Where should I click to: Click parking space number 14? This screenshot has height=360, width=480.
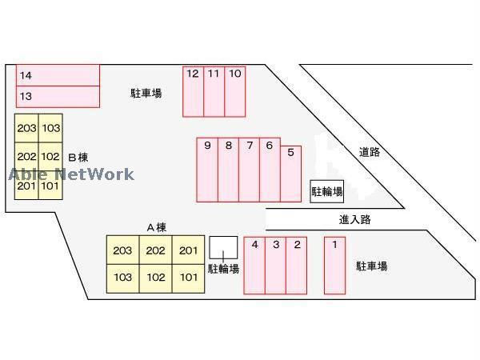click(x=58, y=75)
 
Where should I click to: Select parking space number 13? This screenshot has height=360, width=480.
click(x=58, y=96)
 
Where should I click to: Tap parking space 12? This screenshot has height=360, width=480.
click(x=193, y=91)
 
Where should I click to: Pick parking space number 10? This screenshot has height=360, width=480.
click(x=235, y=91)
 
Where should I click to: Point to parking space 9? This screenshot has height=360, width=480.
click(x=207, y=169)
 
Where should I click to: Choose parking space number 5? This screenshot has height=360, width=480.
click(x=291, y=172)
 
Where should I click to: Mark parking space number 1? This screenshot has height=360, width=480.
click(x=334, y=265)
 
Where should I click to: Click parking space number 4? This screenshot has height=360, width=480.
click(x=254, y=266)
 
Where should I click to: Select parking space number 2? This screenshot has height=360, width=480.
click(x=296, y=266)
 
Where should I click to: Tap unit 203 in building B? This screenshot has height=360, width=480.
click(x=26, y=128)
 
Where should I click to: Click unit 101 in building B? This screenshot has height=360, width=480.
click(x=50, y=186)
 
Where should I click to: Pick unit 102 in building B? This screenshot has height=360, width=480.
click(x=50, y=157)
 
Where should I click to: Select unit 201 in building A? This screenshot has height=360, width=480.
click(x=188, y=251)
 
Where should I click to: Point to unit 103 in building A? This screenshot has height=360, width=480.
click(x=122, y=278)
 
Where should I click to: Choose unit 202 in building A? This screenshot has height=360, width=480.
click(x=155, y=251)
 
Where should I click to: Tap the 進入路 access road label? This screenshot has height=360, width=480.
click(x=354, y=218)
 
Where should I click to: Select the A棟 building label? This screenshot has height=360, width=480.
click(x=156, y=227)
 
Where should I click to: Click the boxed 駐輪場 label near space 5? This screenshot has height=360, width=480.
click(x=326, y=191)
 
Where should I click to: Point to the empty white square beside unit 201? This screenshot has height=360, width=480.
click(x=223, y=248)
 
